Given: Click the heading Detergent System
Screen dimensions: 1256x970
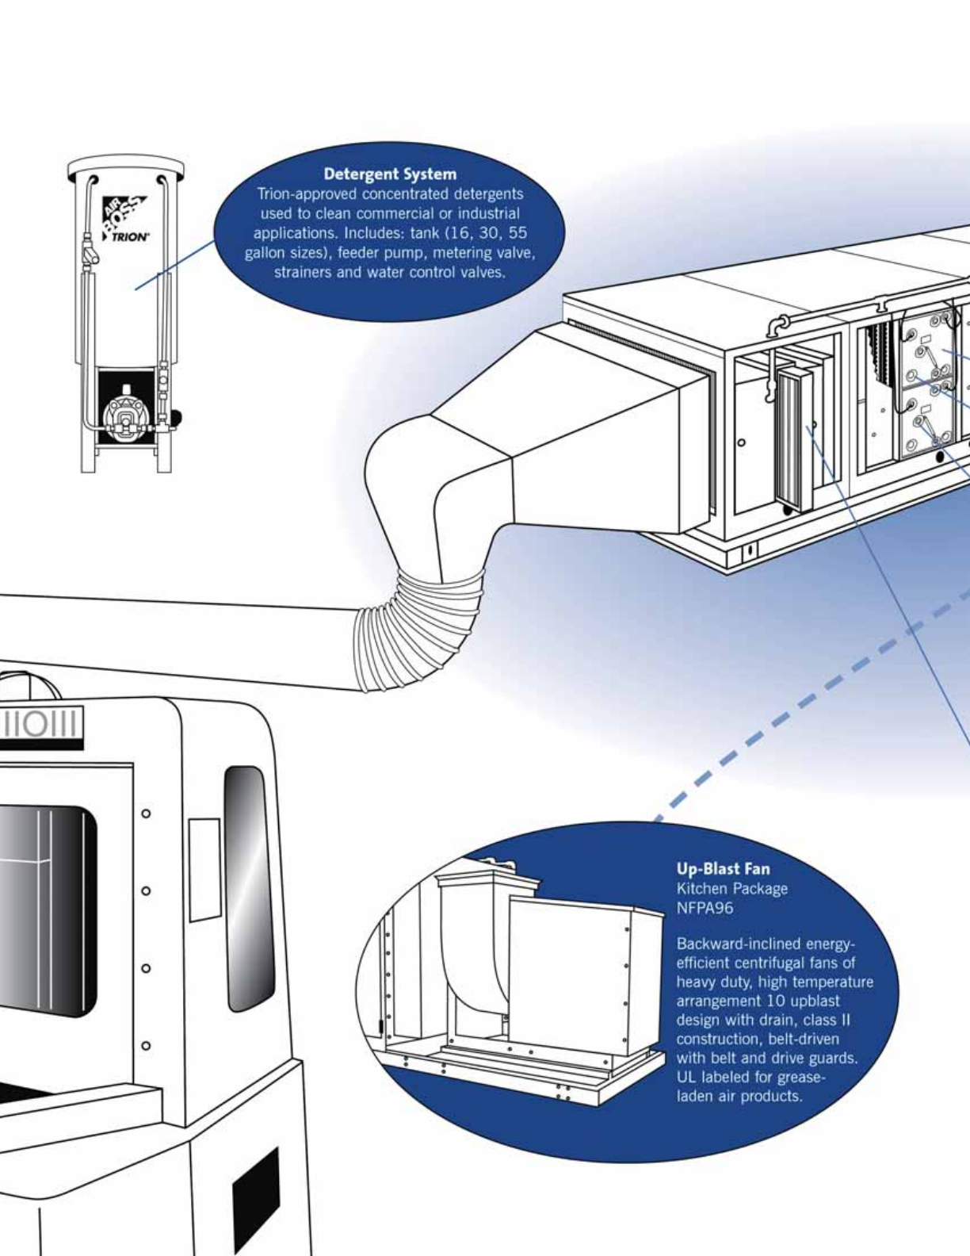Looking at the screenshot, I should click(x=390, y=174).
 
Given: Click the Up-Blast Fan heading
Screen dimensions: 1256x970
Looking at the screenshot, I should click(x=723, y=868).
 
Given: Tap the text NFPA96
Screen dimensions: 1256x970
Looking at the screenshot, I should click(x=705, y=909).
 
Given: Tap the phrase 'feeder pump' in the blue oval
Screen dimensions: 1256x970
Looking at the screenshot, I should click(x=379, y=253).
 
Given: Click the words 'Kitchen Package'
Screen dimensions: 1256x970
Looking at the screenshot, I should click(x=731, y=889).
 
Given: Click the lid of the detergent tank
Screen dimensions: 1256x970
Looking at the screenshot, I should click(x=126, y=167).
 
